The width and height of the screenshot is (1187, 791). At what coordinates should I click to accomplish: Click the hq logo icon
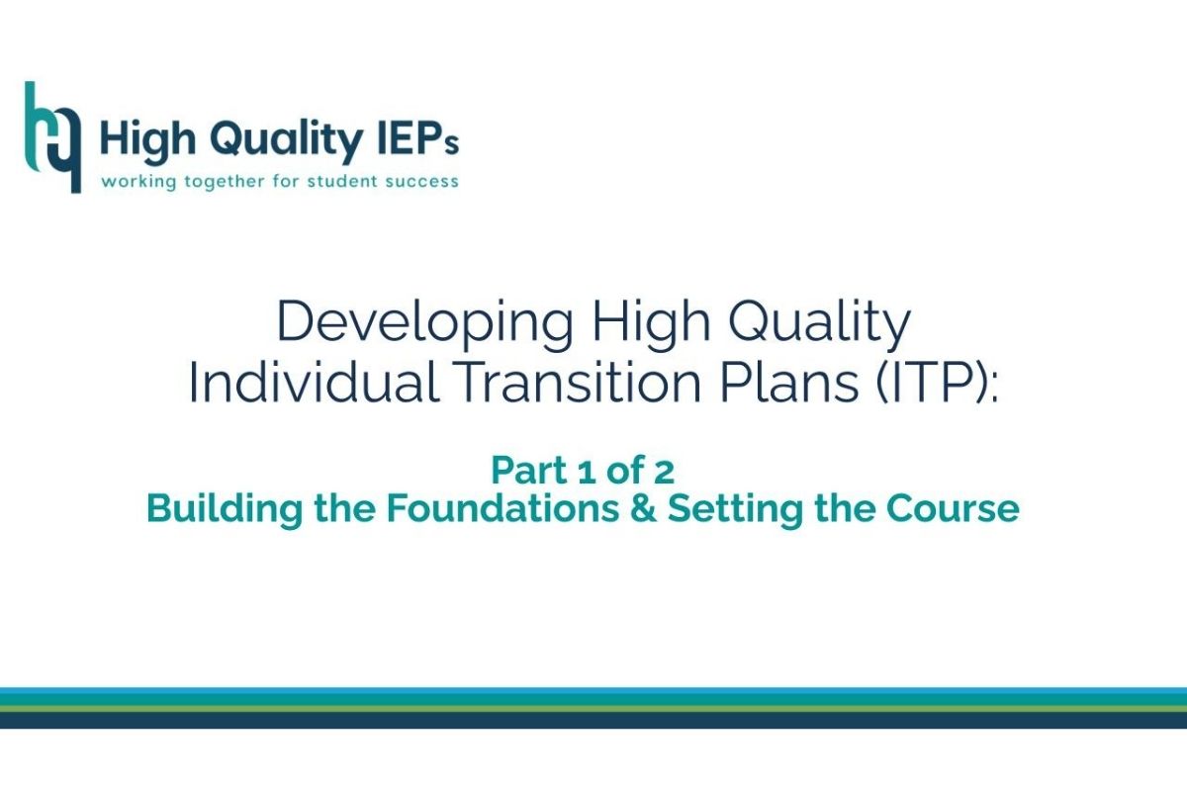[x=53, y=136]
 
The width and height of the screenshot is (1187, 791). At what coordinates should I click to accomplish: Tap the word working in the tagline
[x=138, y=182]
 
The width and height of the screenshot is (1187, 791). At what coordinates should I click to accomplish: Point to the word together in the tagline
[x=225, y=182]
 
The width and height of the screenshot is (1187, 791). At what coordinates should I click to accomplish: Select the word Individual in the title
[x=314, y=382]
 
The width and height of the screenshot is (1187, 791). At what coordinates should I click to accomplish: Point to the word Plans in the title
[x=789, y=382]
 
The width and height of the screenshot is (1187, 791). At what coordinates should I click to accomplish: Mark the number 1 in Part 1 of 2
[x=586, y=472]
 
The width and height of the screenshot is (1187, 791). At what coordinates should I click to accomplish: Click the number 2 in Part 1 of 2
[x=665, y=472]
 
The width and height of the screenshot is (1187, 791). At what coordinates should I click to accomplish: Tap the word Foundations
[x=502, y=508]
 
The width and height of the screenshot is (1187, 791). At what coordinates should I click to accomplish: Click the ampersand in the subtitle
[x=643, y=508]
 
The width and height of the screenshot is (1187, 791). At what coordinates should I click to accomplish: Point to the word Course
[x=953, y=508]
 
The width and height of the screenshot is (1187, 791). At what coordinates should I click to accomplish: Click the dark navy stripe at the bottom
[x=593, y=721]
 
